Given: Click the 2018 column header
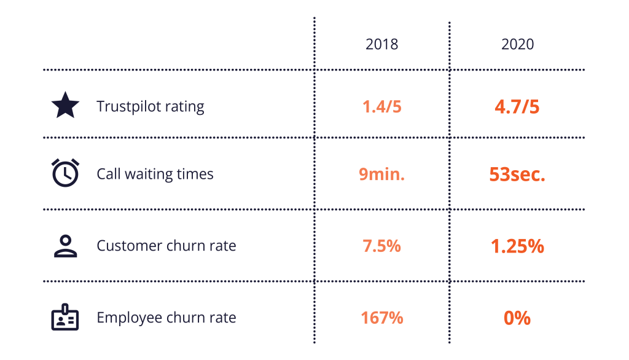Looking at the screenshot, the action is (x=381, y=44).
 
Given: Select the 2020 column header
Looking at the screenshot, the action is (x=517, y=44).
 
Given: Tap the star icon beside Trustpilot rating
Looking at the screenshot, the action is (x=65, y=105).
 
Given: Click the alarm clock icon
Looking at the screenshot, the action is (x=65, y=173).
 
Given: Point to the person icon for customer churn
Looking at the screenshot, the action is (x=65, y=246).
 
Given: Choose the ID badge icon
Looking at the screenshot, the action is (x=65, y=317).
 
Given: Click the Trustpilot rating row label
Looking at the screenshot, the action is (x=150, y=107).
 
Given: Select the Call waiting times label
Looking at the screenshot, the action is (x=155, y=174).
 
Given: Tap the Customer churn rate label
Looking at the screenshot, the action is (x=166, y=246).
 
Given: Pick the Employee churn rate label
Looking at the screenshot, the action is (x=166, y=318).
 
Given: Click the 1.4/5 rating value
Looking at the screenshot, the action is (x=381, y=107).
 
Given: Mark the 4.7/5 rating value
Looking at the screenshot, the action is (x=517, y=107).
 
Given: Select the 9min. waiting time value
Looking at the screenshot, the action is (x=381, y=174).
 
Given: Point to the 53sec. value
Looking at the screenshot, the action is (x=517, y=174).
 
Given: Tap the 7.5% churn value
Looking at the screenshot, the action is (x=381, y=246).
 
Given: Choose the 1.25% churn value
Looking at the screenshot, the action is (x=517, y=246).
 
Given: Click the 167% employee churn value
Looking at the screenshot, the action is (x=381, y=318).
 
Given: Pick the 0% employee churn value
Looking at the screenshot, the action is (x=517, y=318).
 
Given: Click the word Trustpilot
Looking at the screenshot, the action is (x=128, y=107).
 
